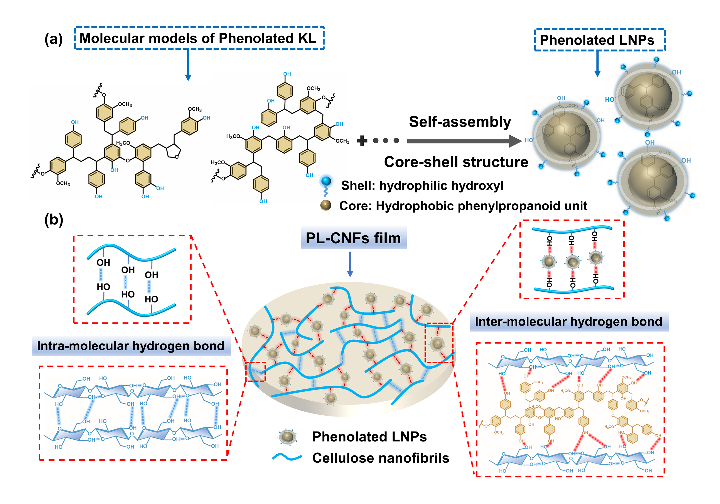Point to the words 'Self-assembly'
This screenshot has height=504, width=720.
pos(460,122)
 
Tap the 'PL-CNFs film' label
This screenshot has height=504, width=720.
pos(353,238)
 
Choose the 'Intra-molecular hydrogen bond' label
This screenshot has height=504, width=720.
pos(131,346)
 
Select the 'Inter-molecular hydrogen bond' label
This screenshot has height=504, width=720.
pos(568,322)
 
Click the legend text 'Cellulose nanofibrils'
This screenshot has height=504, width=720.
pos(380,458)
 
